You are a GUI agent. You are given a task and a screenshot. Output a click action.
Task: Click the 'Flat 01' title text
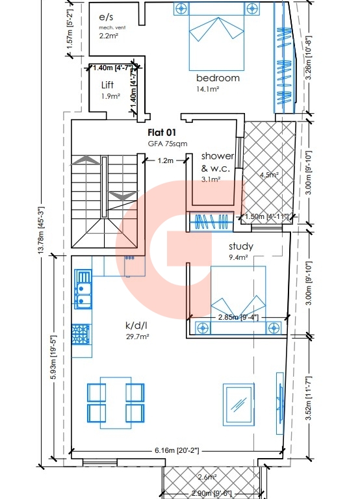coord(162,133)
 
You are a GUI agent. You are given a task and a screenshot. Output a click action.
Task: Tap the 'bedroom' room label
coord(218,78)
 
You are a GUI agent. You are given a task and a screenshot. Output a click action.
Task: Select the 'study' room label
coord(241,246)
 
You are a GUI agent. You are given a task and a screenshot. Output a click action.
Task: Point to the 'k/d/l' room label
coord(136,326)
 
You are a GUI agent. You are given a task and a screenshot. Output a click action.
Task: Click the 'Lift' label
coord(107,85)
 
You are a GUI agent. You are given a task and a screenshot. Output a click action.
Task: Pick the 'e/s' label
coord(106,17)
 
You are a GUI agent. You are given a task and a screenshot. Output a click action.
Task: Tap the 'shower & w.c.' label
coord(218,162)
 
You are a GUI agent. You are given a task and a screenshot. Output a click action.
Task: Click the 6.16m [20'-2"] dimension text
coord(177,451)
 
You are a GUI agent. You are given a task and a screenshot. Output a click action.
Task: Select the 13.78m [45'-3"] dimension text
coord(41,231)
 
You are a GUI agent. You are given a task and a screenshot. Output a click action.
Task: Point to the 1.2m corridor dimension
coord(166,160)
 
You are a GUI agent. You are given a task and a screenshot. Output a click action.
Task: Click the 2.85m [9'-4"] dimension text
coord(238,317)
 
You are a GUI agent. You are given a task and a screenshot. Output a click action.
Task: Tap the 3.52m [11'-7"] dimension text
coord(308,398)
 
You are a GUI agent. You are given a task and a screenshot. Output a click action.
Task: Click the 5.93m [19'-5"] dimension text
coord(54,357)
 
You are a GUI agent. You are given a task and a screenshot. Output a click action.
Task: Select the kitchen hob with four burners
coord(81,334)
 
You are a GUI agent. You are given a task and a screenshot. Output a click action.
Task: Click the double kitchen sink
coord(83,289)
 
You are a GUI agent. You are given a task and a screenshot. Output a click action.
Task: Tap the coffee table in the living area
coord(238,405)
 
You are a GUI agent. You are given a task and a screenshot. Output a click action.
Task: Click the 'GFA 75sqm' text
coord(168,144)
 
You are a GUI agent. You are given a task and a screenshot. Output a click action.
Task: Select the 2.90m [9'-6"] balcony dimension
coord(211,494)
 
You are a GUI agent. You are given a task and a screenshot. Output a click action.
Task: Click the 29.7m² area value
coord(138,337)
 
